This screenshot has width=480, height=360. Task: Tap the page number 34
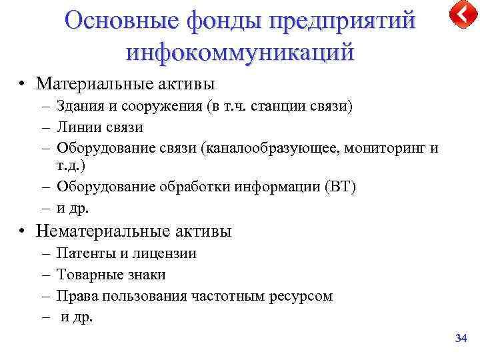(x=461, y=339)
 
